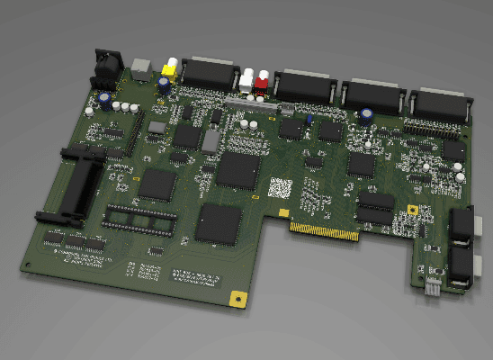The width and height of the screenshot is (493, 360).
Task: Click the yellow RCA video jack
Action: pos(169,67)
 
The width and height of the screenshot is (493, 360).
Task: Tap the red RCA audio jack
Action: pos(262,82)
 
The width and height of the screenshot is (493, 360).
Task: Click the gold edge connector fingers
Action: pos(324,231)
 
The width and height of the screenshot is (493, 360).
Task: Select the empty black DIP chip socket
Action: pos(136,219)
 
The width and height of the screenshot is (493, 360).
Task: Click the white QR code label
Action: pos(281,188)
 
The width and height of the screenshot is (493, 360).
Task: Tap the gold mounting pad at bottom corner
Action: pos(238,299)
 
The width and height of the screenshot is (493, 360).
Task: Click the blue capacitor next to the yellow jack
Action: pos(164,84)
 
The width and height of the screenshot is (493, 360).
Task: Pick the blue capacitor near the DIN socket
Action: pos(105,96)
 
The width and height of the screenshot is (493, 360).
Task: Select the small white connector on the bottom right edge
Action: pos(433,286)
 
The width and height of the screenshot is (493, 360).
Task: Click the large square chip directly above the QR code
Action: pos(238,168)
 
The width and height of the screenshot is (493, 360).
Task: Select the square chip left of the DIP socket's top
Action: pos(158,184)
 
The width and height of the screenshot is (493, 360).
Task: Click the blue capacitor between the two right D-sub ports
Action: pos(368,115)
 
